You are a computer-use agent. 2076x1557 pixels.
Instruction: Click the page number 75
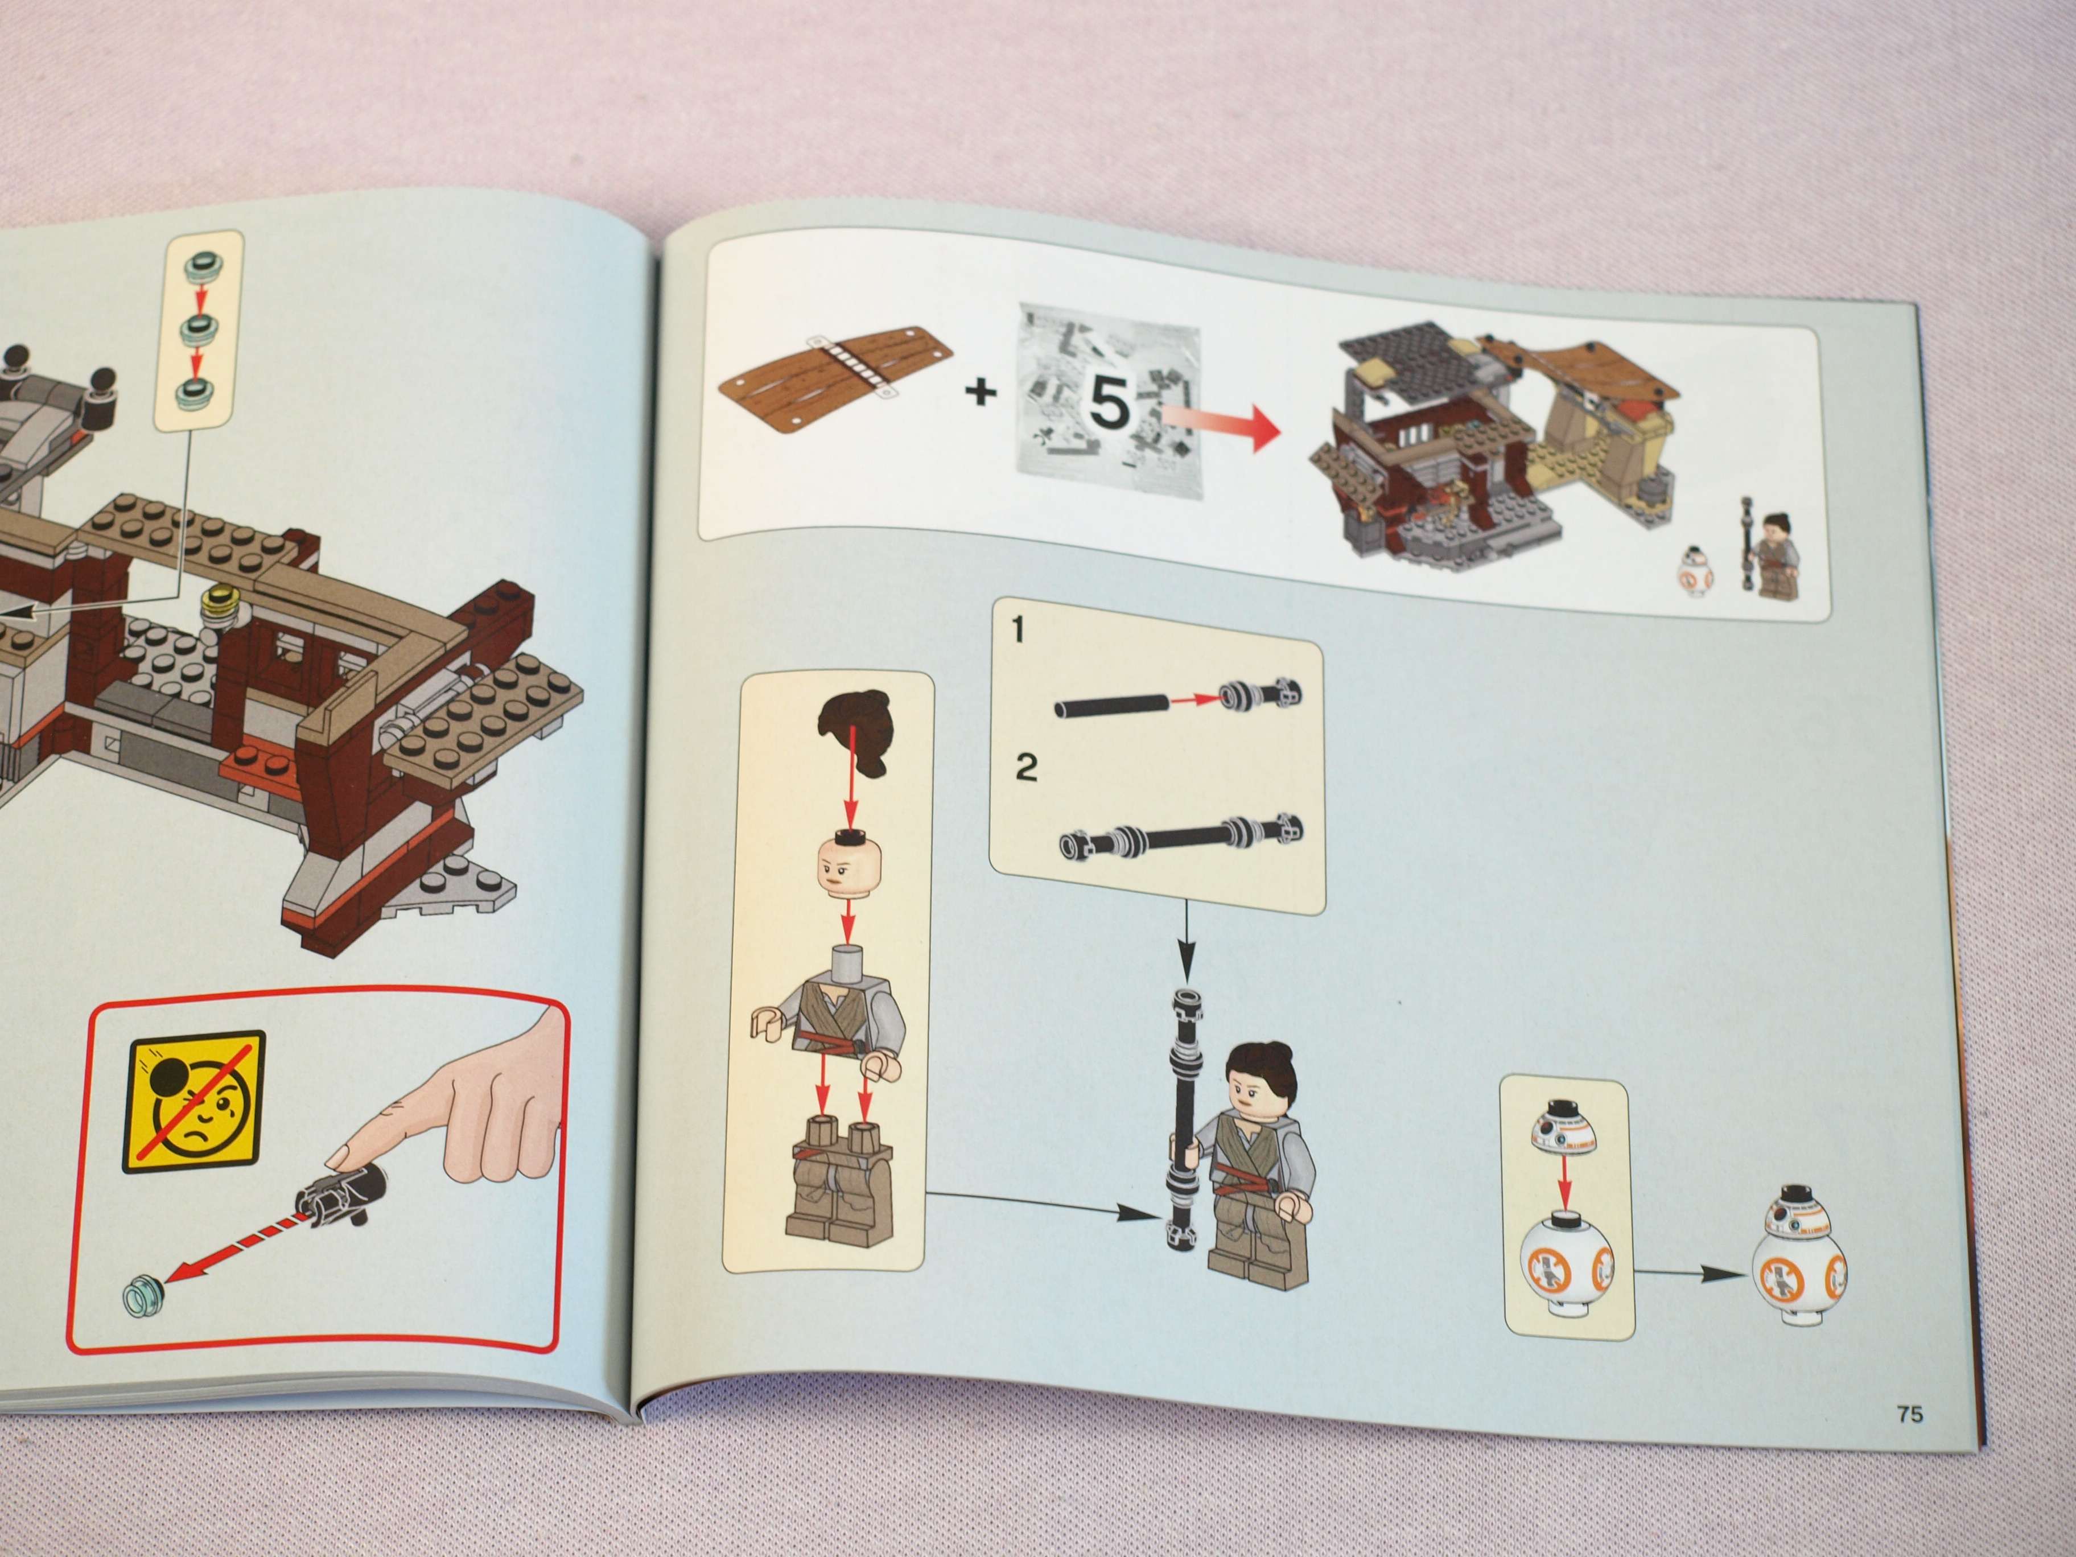tap(1910, 1414)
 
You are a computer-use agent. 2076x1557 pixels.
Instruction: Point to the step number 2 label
tap(1027, 767)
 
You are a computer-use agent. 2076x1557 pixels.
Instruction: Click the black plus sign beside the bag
tap(981, 390)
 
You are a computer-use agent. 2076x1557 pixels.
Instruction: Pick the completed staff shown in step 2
tap(1181, 837)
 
